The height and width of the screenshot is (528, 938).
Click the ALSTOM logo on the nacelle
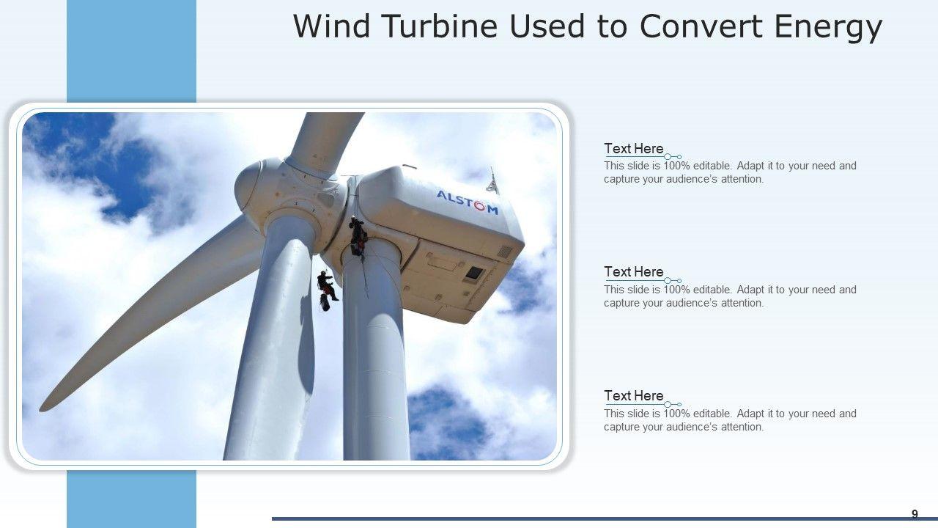coord(468,202)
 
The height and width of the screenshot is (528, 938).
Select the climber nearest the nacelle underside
coord(358,237)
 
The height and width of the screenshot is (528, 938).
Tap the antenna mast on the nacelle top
coord(493,181)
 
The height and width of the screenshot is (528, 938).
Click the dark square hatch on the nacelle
coord(474,274)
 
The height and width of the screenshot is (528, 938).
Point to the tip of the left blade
coord(41,409)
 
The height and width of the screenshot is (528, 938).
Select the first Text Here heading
coord(634,148)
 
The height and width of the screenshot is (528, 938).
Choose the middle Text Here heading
coord(634,271)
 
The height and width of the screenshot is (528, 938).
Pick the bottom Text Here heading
coord(634,395)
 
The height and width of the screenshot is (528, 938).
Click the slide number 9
coord(915,514)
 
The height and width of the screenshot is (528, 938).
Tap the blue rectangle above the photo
coord(131,51)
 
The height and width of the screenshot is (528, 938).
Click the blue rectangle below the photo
coord(131,499)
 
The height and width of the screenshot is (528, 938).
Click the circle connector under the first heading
coord(668,157)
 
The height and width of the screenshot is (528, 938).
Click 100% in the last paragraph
coord(676,414)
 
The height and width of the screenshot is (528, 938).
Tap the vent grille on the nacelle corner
coord(505,252)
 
